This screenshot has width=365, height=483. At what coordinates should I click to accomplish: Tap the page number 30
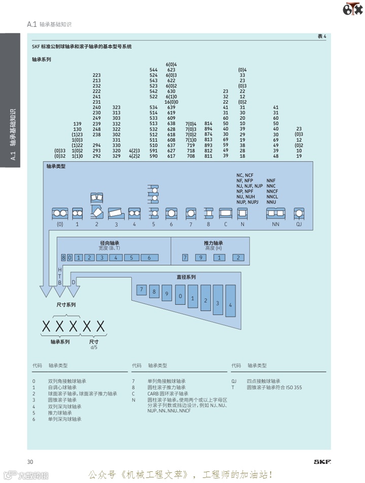[x=30, y=461]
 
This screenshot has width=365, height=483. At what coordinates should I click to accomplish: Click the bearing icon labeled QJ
[x=299, y=213]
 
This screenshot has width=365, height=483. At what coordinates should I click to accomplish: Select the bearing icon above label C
[x=225, y=213]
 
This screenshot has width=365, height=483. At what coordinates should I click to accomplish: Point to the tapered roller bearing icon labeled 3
[x=116, y=213]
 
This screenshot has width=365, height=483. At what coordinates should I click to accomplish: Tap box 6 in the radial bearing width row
[x=149, y=257]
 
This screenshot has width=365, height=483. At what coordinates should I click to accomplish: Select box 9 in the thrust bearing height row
[x=201, y=257]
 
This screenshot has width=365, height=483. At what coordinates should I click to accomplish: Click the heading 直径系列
[x=186, y=277]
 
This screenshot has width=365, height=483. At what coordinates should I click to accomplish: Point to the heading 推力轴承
[x=213, y=243]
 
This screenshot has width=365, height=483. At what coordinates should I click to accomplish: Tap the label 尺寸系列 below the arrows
[x=65, y=305]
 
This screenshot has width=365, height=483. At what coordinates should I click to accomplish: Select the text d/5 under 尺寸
[x=93, y=347]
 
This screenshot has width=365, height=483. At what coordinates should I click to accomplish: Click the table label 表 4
[x=321, y=36]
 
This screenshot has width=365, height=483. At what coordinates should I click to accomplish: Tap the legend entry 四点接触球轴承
[x=264, y=381]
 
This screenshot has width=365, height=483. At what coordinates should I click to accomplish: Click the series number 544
[x=153, y=69]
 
